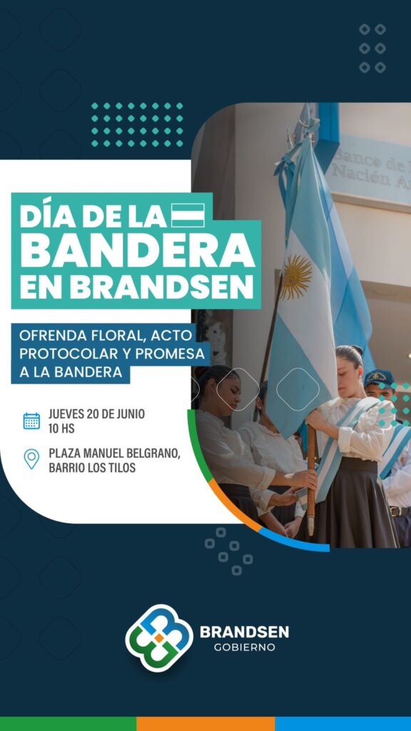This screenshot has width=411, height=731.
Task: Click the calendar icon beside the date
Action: click(31, 420)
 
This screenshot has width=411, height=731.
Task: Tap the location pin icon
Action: click(31, 459)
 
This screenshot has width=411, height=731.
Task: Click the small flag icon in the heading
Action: click(188, 216)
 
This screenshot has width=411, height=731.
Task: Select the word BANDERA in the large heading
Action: click(138, 251)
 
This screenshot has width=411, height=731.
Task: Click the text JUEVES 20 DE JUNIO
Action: click(96, 414)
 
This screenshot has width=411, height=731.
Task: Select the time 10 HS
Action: click(61, 429)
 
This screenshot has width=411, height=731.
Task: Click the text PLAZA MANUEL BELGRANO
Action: click(114, 453)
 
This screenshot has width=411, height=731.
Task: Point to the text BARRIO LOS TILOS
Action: click(92, 468)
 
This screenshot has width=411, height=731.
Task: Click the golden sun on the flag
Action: click(295, 277)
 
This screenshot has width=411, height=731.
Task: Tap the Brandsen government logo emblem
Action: click(159, 638)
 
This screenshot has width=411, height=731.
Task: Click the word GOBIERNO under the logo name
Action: click(244, 647)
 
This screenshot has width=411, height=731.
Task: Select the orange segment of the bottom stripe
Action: click(205, 724)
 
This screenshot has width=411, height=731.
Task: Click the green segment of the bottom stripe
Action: click(68, 724)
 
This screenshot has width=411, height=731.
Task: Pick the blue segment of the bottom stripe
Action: click(343, 724)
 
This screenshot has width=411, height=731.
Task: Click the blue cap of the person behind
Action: click(379, 376)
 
